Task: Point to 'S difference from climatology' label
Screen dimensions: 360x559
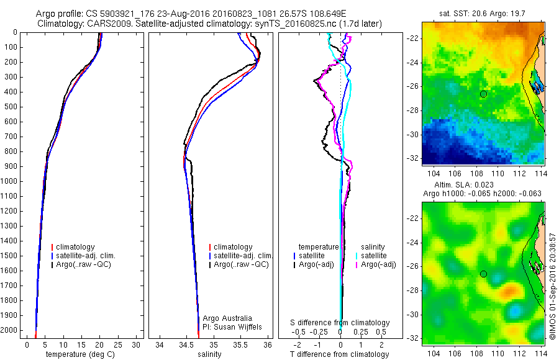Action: point(340,323)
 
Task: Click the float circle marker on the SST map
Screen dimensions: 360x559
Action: point(483,94)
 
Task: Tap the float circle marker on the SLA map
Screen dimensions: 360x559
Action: point(483,274)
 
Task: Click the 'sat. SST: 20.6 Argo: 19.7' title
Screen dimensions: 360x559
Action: point(482,12)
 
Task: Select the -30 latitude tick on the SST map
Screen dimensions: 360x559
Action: point(412,134)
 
